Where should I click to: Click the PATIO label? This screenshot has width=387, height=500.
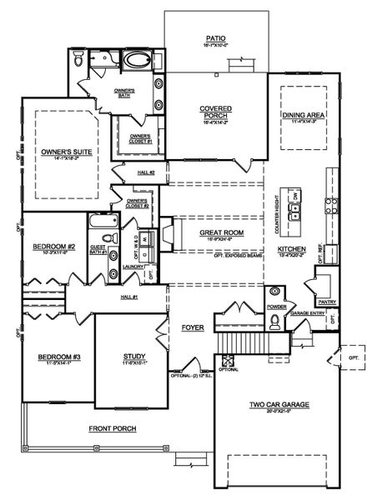tap(217, 38)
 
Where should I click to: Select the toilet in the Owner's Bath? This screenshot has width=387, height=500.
tap(78, 59)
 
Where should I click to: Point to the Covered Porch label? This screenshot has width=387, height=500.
tap(215, 111)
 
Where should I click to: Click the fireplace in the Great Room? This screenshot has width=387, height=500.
tap(168, 233)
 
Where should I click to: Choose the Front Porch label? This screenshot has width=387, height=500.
tap(113, 428)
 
